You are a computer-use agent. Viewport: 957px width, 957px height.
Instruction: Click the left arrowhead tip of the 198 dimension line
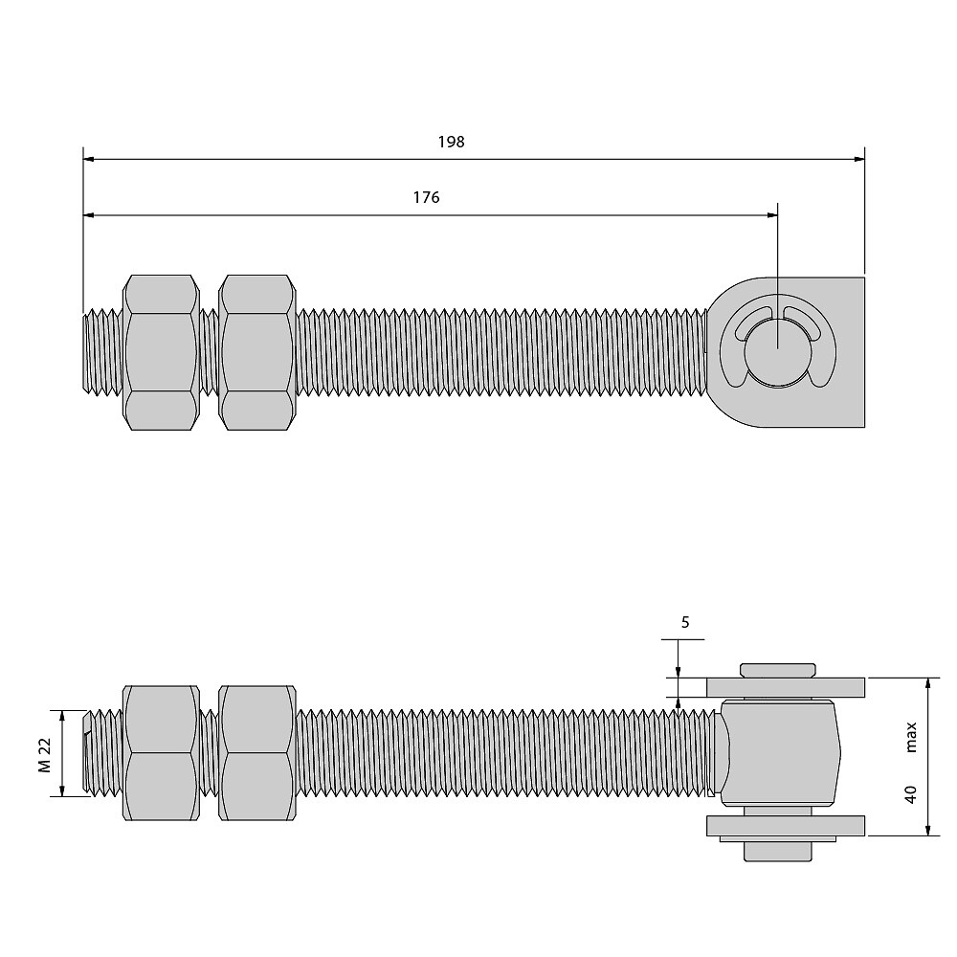[83, 159]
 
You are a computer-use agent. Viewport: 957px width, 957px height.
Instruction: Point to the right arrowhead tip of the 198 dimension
[865, 159]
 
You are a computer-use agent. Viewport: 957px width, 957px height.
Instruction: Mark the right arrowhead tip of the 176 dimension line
[777, 214]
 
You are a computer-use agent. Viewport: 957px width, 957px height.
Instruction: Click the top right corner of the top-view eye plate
[865, 278]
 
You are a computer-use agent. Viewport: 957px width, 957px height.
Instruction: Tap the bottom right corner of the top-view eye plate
[865, 427]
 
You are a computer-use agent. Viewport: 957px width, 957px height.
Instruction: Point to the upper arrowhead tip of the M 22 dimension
[61, 710]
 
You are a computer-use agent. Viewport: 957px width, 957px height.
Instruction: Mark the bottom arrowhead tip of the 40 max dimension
[927, 835]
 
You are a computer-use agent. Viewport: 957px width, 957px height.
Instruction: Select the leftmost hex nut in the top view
[161, 352]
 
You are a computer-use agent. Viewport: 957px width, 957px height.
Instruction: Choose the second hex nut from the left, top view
[256, 352]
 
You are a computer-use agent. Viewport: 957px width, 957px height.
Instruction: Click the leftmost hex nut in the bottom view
[161, 752]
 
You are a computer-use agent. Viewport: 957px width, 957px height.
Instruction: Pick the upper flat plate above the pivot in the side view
[786, 687]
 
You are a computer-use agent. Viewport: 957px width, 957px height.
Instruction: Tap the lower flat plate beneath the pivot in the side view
[786, 826]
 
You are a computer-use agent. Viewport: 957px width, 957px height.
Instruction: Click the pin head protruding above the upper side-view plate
[777, 670]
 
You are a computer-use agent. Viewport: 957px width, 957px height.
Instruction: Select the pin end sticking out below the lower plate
[777, 852]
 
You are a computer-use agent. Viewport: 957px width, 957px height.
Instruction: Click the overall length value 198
[451, 142]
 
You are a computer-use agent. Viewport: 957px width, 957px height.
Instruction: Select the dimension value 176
[426, 197]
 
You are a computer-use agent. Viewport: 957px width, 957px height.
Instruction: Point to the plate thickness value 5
[685, 622]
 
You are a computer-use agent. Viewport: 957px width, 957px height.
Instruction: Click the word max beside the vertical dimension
[911, 737]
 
